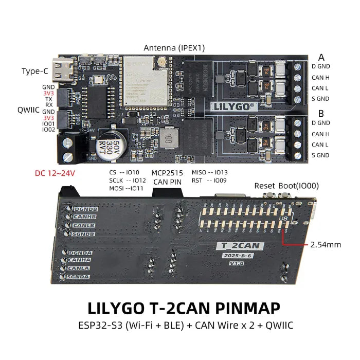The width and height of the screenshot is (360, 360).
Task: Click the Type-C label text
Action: pos(35,71)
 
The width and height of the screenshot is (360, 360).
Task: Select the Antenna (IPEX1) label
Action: pos(174,48)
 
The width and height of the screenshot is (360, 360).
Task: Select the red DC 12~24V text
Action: pos(55,173)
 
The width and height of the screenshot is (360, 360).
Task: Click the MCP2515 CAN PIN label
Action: pos(167,177)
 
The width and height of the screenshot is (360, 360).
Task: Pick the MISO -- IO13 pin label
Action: pos(209,173)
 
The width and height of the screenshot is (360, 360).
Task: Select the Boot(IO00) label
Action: pos(297,186)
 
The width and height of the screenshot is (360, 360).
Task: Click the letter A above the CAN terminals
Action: pos(321,57)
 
